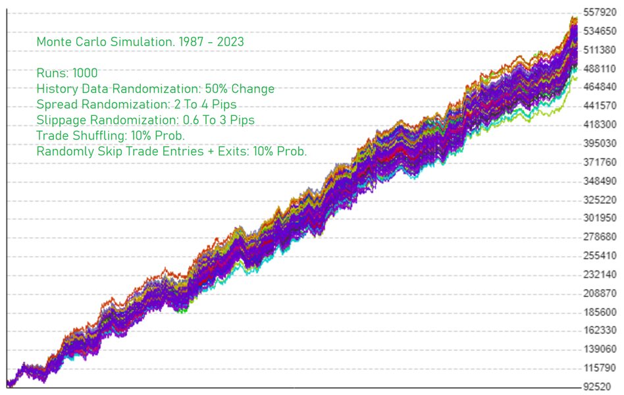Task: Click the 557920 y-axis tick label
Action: [600, 13]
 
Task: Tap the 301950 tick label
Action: [600, 218]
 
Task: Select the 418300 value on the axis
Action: [600, 124]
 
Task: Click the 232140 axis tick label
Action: [600, 275]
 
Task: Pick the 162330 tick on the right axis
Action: [600, 330]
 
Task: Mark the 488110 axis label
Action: [600, 68]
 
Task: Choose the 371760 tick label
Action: [600, 162]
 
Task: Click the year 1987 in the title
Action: [191, 42]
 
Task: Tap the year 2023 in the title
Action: [230, 42]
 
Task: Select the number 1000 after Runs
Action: [85, 73]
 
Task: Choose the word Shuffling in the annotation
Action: [99, 136]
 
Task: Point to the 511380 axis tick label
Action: [600, 50]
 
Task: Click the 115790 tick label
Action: [600, 368]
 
